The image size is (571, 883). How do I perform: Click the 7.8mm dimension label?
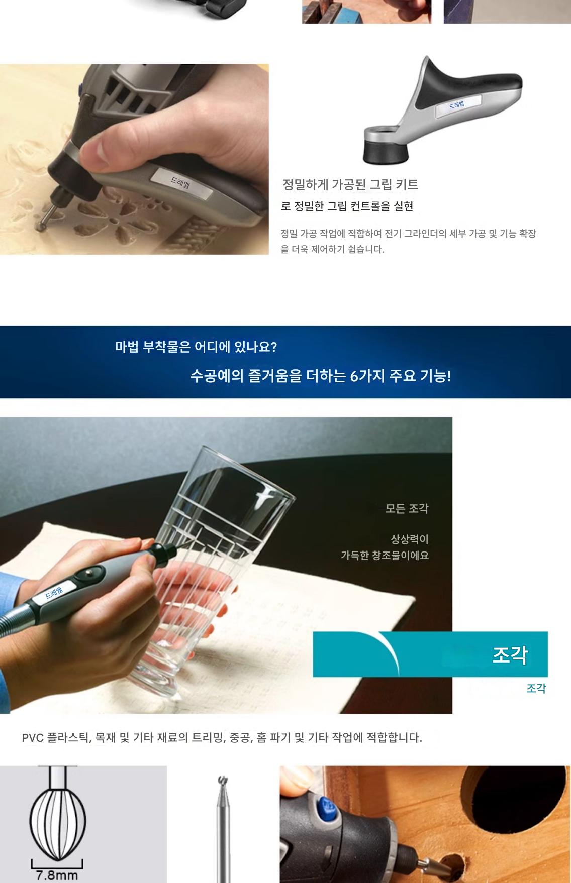pyautogui.click(x=57, y=875)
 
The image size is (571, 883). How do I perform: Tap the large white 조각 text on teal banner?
pyautogui.click(x=510, y=654)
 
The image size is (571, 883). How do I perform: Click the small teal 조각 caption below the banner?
pyautogui.click(x=536, y=688)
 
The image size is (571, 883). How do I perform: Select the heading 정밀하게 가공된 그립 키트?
pyautogui.click(x=350, y=184)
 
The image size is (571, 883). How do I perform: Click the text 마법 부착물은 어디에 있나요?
pyautogui.click(x=196, y=347)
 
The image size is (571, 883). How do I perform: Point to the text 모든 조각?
pyautogui.click(x=407, y=508)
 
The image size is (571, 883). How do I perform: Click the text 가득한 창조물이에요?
pyautogui.click(x=385, y=556)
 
